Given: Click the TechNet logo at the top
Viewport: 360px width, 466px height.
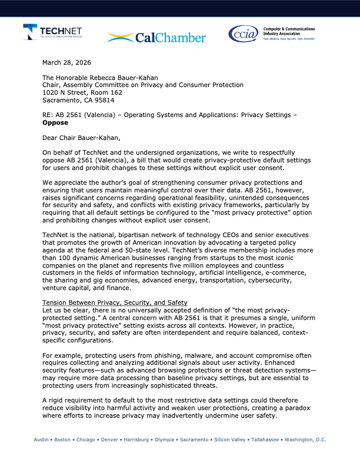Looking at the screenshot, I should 52,32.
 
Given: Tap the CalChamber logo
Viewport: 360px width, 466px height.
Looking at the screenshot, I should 156,38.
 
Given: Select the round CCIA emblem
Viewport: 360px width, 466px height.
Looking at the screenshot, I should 242,34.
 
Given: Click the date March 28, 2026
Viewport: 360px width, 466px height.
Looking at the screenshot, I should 67,62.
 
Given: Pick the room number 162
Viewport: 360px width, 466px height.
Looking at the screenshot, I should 115,92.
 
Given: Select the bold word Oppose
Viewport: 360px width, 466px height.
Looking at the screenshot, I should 55,123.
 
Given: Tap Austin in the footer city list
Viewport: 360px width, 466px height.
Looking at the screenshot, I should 41,440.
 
